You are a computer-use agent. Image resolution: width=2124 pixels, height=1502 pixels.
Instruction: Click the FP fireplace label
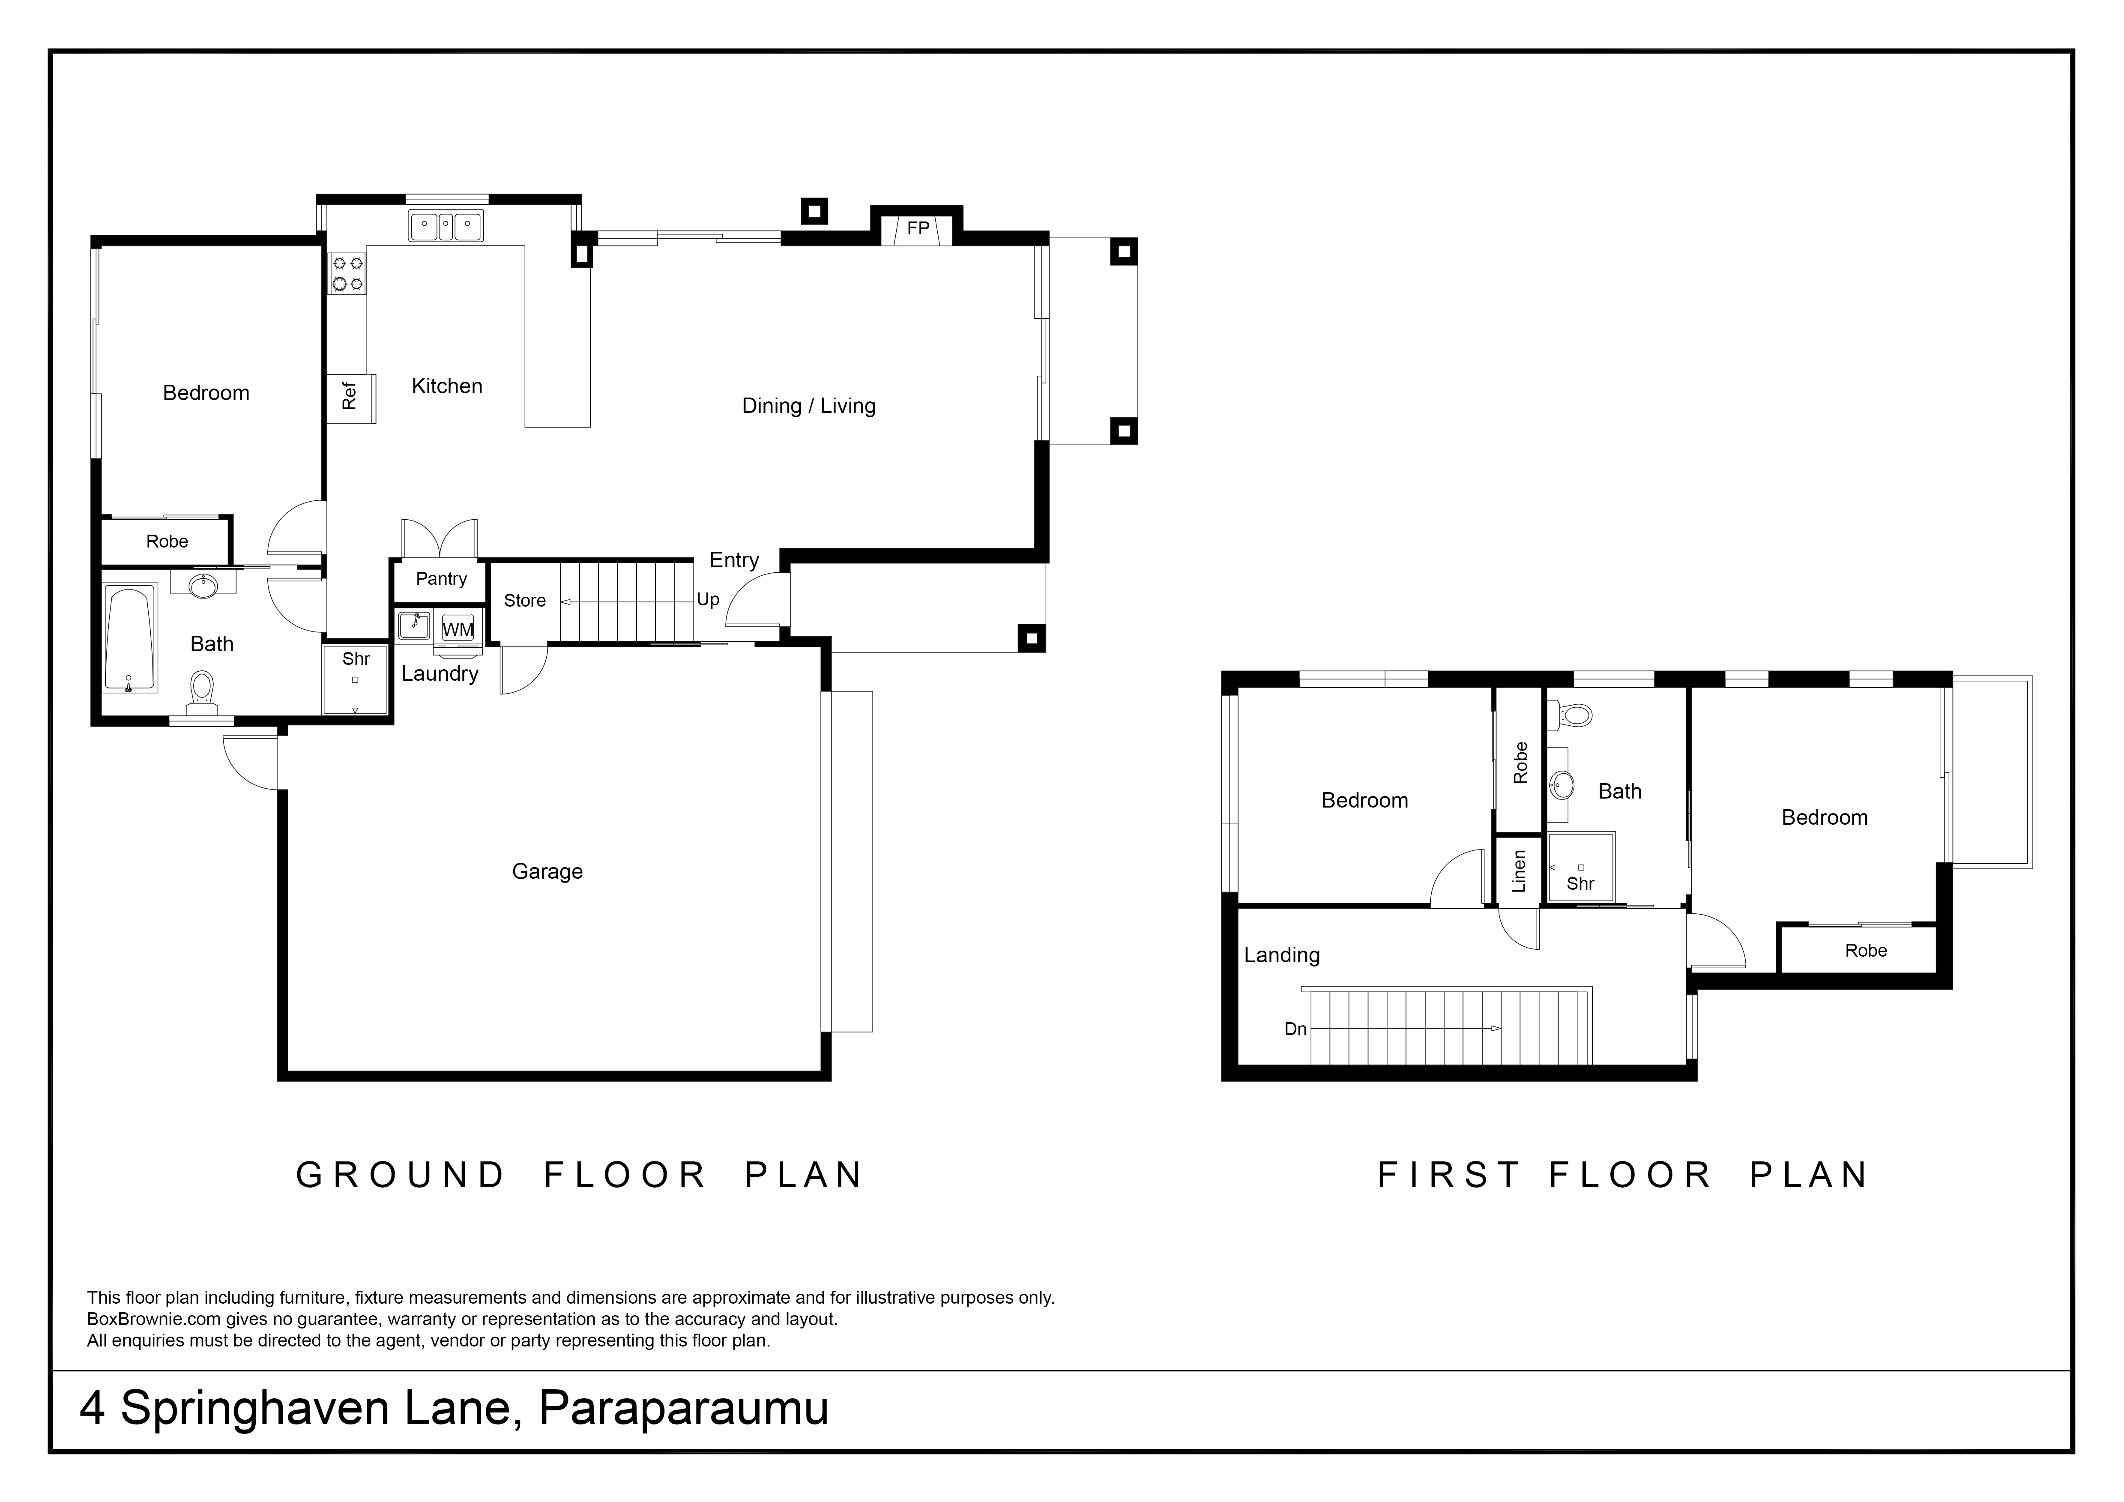coord(918,228)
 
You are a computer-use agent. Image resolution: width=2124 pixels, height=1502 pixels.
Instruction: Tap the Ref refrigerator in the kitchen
coord(352,398)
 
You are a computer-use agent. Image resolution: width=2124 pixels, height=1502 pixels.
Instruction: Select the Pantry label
coord(441,579)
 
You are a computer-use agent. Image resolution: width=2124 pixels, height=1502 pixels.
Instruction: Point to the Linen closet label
coord(1518,871)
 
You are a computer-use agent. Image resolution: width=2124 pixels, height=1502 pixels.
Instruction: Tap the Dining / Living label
coord(808,406)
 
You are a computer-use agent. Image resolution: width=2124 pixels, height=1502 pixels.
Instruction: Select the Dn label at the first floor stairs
coord(1295,1029)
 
